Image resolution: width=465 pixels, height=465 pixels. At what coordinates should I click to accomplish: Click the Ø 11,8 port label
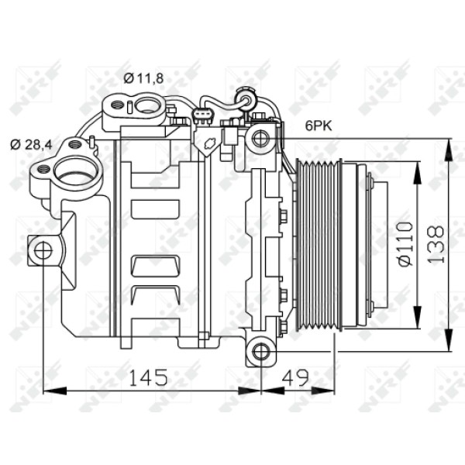click(143, 77)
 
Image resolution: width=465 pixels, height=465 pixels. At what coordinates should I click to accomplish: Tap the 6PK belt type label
click(318, 126)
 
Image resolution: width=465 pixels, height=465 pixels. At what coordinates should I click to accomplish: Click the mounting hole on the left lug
click(43, 250)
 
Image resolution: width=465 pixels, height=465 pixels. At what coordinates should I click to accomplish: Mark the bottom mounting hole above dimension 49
click(261, 353)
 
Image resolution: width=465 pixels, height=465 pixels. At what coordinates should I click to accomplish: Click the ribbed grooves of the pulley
click(317, 244)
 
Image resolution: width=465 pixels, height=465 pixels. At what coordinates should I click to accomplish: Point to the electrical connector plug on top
click(203, 117)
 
